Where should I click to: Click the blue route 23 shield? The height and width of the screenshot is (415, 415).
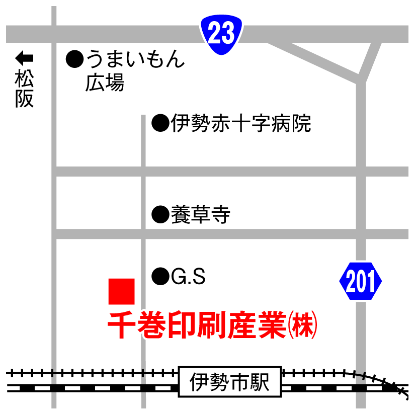(221, 34)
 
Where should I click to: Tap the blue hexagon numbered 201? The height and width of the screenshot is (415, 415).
(360, 282)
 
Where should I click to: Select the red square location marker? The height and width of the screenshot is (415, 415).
(122, 291)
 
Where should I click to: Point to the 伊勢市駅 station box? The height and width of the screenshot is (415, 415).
(230, 382)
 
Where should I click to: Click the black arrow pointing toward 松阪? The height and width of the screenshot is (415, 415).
(24, 56)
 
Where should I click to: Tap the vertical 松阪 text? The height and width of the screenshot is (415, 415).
(24, 89)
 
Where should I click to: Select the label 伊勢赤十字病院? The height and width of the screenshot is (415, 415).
(240, 123)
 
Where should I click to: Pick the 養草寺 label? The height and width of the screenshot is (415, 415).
(200, 215)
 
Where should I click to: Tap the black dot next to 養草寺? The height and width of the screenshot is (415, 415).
(160, 215)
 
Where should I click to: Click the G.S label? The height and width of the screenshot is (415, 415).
(188, 276)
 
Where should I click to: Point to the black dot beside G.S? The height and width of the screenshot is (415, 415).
(160, 276)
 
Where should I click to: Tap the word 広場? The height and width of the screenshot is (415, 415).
(105, 82)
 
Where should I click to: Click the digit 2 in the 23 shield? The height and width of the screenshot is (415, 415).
(214, 34)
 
